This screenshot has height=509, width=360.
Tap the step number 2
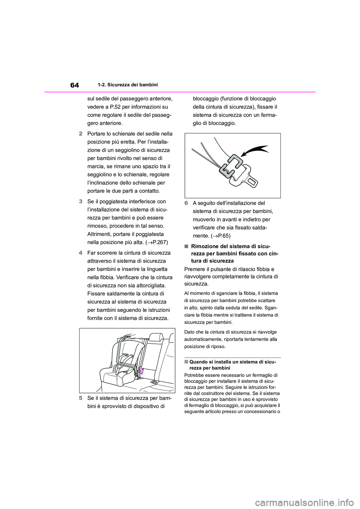[81, 134]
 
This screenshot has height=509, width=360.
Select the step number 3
[81, 202]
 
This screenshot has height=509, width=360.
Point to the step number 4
[81, 253]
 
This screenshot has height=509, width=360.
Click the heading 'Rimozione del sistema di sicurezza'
[231, 253]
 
